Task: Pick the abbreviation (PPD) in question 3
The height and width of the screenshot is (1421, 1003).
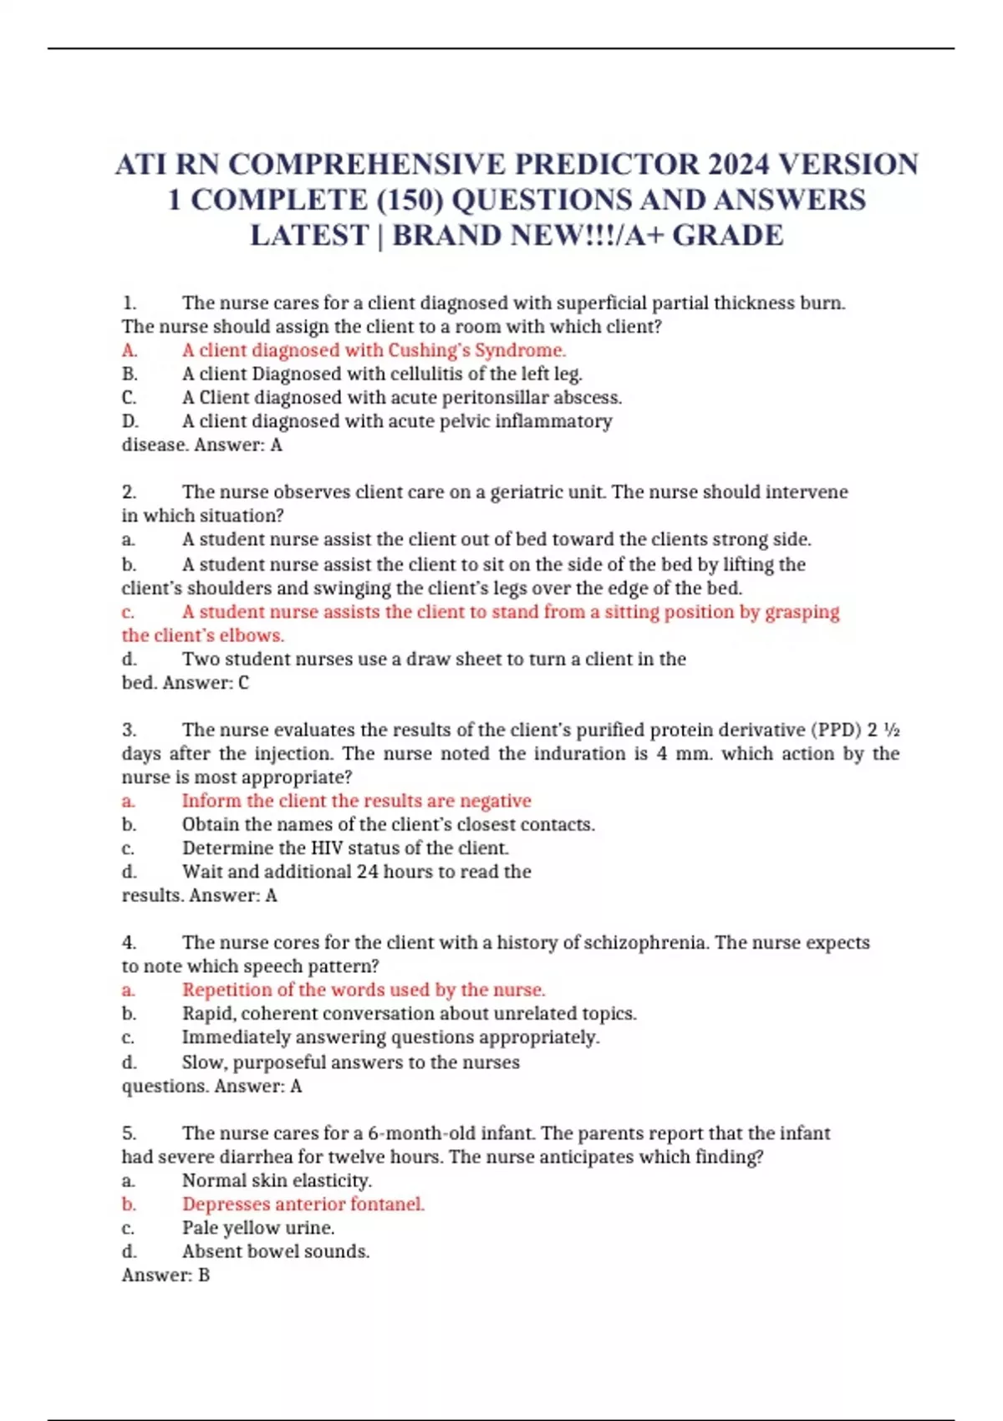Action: [836, 730]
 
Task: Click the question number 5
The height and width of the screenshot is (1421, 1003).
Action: [129, 1133]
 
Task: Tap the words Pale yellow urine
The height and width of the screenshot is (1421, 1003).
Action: [258, 1228]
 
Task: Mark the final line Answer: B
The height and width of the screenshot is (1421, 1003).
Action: [165, 1276]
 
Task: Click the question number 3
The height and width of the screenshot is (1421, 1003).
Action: [129, 730]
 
